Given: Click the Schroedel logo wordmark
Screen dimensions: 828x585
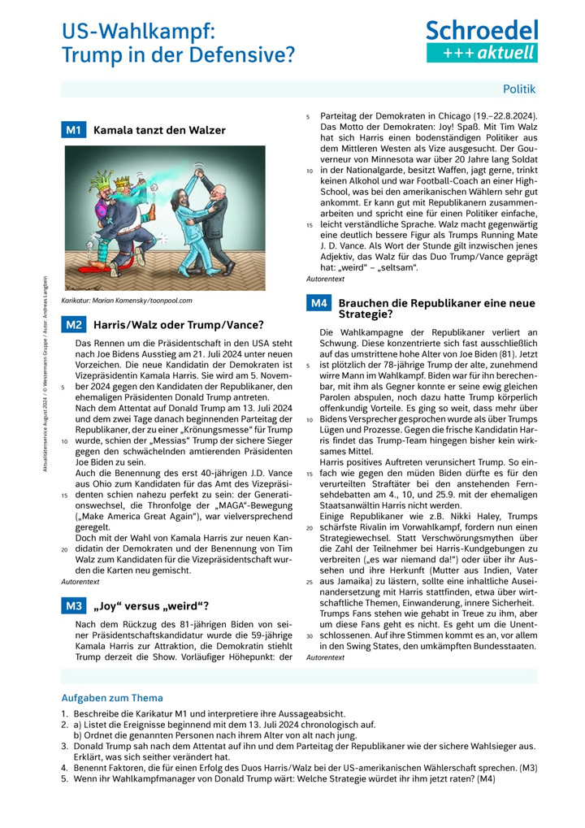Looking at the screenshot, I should click(482, 30).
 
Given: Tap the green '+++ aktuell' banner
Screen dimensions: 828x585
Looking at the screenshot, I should click(482, 53).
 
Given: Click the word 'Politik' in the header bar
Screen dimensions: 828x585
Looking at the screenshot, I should click(519, 89).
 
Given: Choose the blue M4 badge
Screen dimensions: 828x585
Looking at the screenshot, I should click(318, 303).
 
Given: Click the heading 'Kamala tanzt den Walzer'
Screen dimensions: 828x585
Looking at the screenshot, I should click(159, 130).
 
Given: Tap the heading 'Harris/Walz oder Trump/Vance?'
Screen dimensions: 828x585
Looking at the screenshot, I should click(178, 325).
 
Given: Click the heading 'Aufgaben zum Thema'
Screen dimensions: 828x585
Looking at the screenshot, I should click(112, 698).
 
